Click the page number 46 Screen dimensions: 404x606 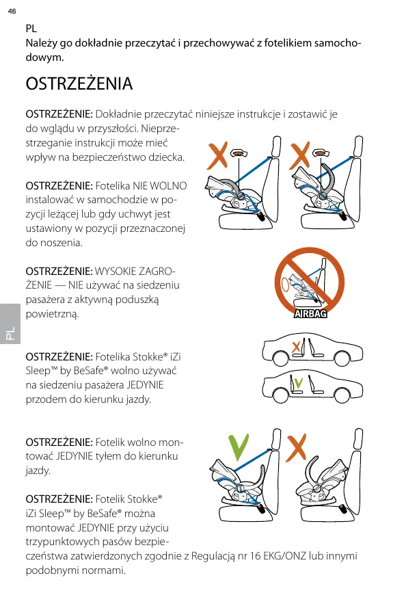[12, 11]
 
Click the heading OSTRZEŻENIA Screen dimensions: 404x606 [79, 83]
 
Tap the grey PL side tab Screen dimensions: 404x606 [10, 324]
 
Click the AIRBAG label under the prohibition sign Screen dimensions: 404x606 [310, 313]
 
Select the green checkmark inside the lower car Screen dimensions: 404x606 [298, 382]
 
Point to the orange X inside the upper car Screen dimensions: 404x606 [296, 347]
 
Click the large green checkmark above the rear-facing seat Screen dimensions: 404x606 [239, 447]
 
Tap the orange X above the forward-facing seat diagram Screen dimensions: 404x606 [296, 447]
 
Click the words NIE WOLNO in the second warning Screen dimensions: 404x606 [160, 186]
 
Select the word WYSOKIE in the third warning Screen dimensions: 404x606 [115, 272]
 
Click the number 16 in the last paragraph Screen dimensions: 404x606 [255, 556]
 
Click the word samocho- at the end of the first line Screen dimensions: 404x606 [338, 43]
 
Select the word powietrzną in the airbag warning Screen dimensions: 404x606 [52, 314]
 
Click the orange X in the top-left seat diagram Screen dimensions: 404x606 [217, 155]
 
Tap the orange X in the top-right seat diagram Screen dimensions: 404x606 [300, 155]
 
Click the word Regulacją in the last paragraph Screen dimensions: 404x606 [213, 557]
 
